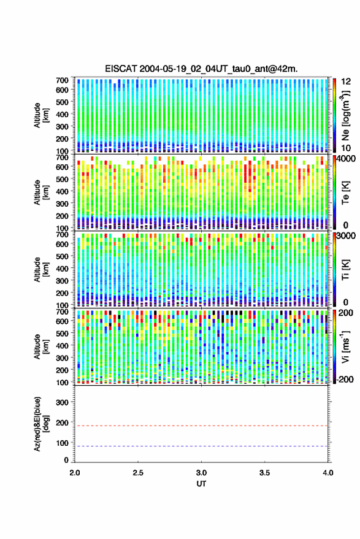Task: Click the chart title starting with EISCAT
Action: coord(201,69)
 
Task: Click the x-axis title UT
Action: coord(201,484)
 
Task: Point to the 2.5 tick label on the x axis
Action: coord(138,473)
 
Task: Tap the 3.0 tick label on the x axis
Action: coord(201,473)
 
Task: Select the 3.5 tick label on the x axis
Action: coord(264,473)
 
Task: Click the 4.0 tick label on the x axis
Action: coord(327,473)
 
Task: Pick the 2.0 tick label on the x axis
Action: coord(75,473)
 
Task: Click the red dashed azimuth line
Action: coord(201,426)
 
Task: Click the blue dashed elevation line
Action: coord(201,446)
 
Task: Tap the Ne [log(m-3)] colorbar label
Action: coord(345,115)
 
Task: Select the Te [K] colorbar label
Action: coord(345,193)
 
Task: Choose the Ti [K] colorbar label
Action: coord(345,270)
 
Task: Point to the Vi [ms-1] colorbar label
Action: coord(345,347)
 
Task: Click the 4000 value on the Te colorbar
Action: coord(345,159)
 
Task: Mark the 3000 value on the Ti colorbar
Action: coord(346,236)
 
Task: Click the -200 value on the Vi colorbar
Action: coord(344,380)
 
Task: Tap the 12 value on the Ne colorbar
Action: coord(346,82)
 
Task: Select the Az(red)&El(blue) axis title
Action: coord(42,424)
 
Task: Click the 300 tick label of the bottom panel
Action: coord(62,402)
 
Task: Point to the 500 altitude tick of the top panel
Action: coord(62,102)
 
